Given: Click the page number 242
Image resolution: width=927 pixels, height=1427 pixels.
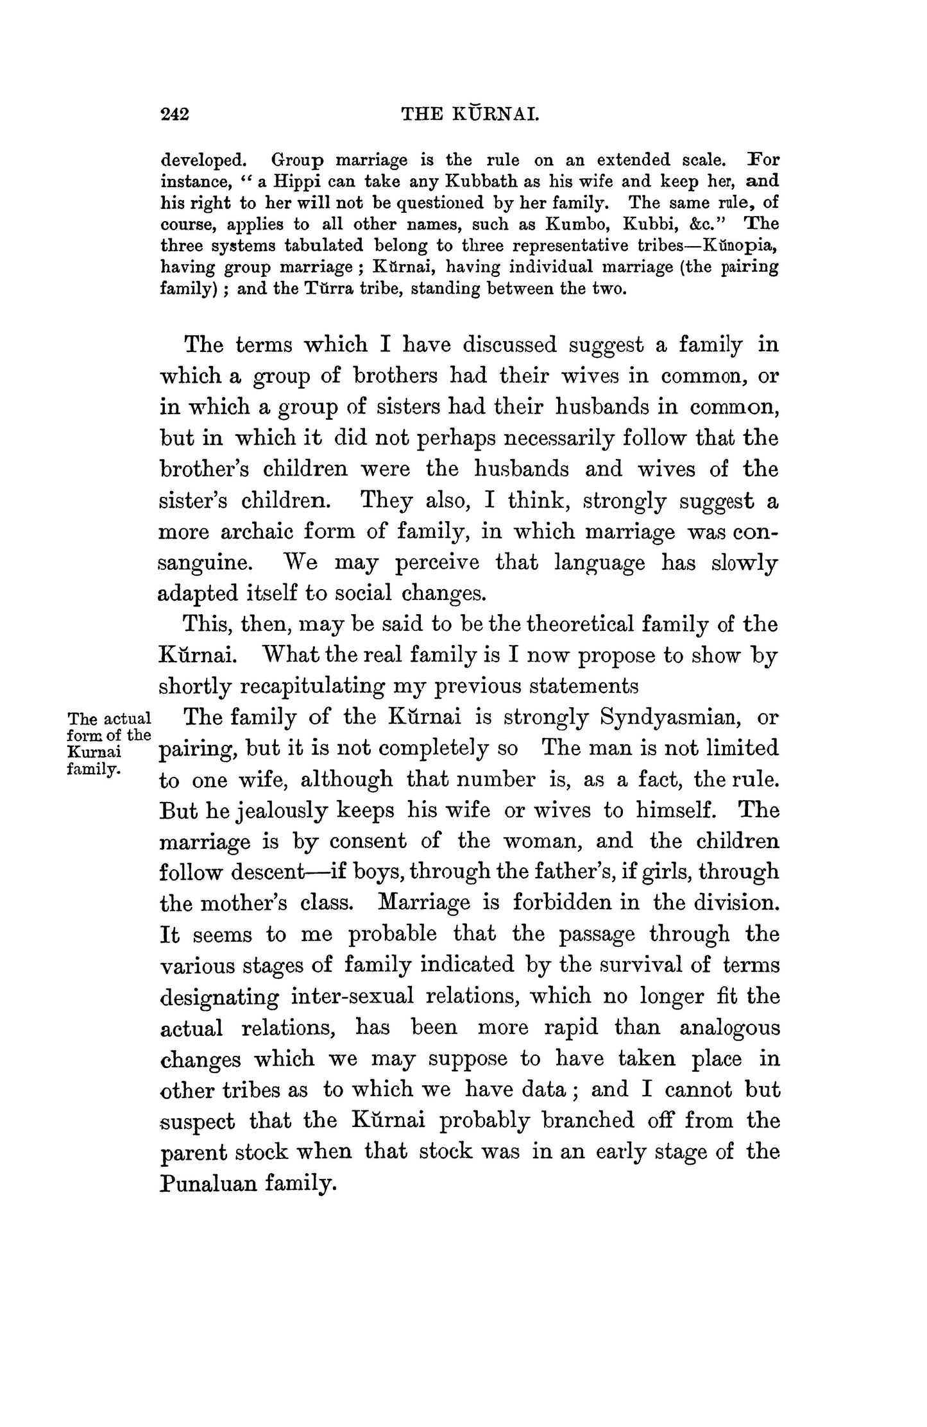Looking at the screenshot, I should pos(174,114).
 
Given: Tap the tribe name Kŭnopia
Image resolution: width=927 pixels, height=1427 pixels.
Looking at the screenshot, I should pos(741,246).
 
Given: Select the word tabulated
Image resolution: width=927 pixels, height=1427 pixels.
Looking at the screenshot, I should pos(319,246).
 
